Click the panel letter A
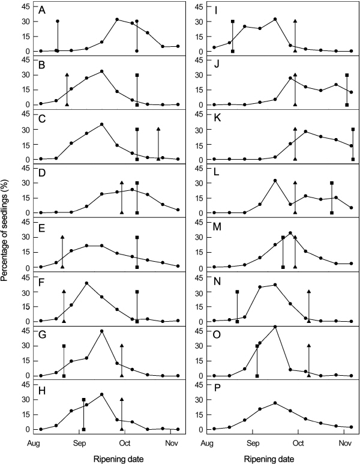coord(41,11)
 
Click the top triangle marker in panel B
coord(67,75)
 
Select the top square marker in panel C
coord(137,129)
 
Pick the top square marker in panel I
coord(232,22)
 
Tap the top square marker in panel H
coord(83,400)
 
